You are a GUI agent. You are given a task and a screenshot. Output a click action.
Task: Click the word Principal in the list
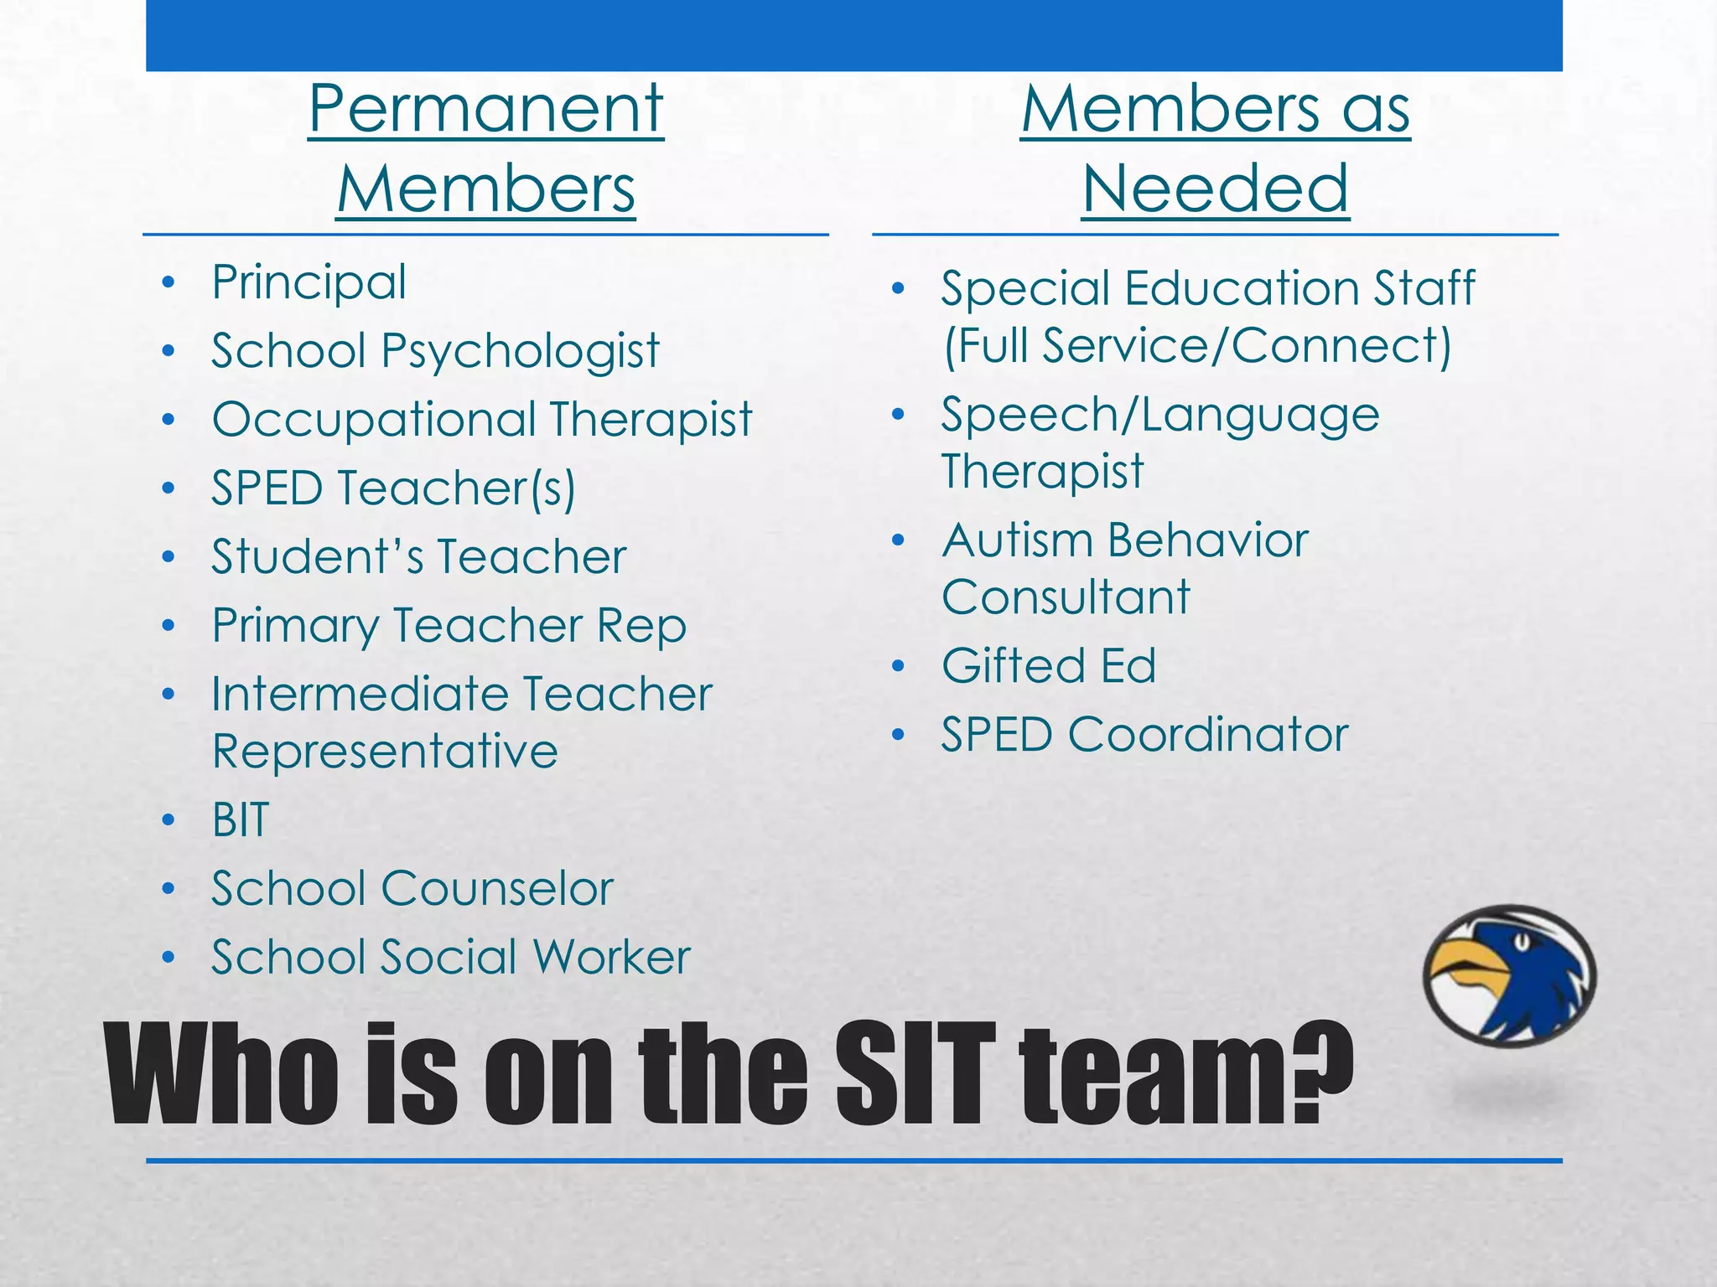coord(309,282)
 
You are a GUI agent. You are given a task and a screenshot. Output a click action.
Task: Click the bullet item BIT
coord(241,819)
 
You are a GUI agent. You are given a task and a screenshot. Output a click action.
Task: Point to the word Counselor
coord(497,888)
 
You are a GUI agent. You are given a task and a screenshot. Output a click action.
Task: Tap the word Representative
coord(385,751)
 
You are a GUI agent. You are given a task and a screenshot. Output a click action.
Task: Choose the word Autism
coord(1014,540)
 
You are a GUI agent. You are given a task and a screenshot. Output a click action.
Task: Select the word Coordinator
coord(1207,735)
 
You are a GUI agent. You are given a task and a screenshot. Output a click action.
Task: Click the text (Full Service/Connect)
coord(1197,345)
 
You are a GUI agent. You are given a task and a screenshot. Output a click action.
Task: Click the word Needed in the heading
coord(1215,189)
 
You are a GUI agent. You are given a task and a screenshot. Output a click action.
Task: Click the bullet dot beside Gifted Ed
coord(899,667)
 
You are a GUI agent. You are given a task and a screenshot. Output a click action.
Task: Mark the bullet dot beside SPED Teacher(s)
coord(169,488)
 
